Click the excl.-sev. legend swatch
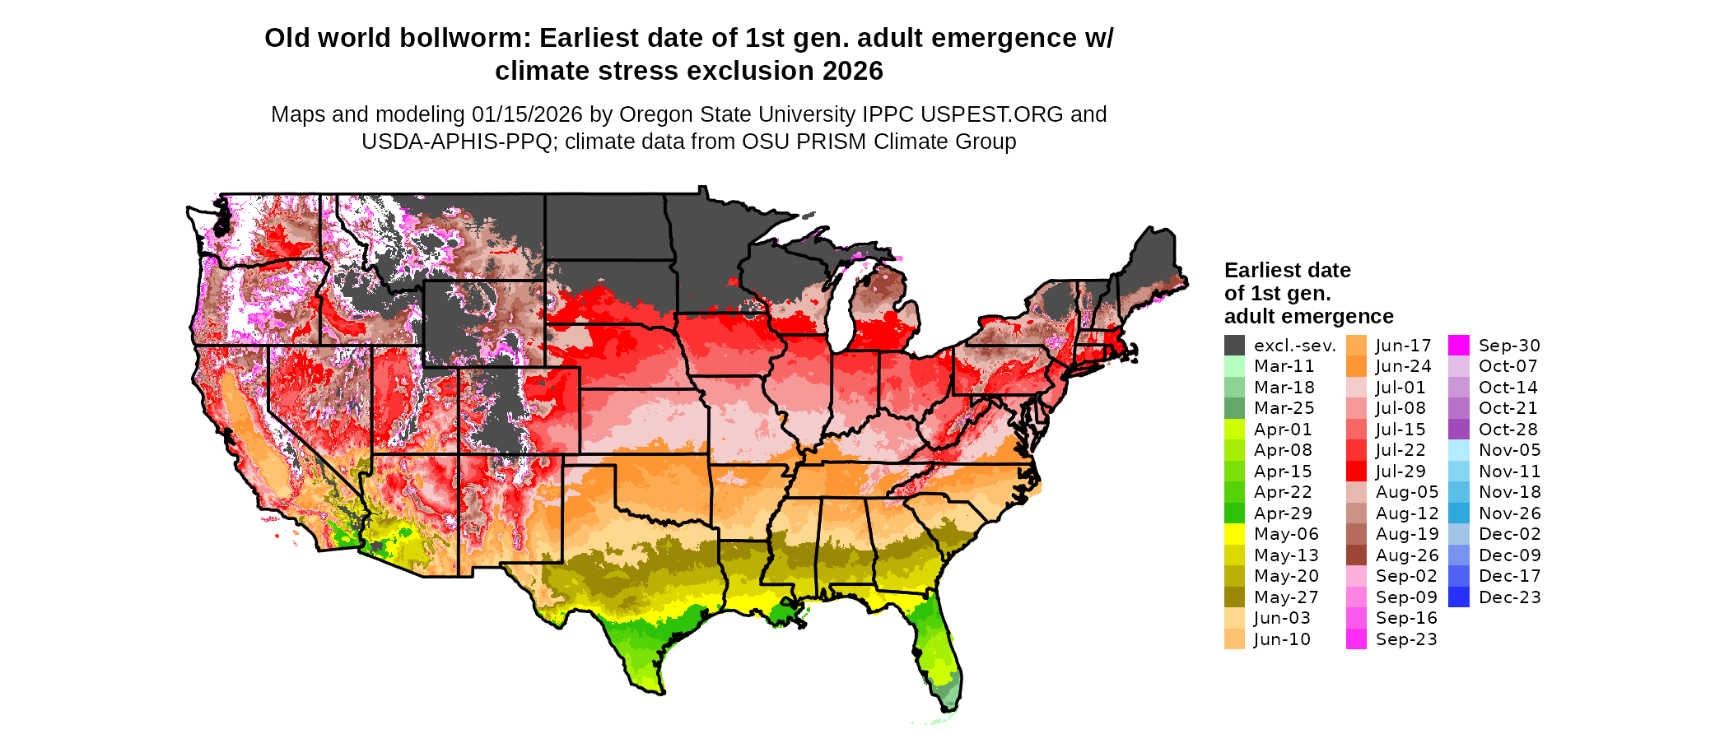coord(1234,346)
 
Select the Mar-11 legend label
coord(1284,366)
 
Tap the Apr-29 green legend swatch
coord(1234,513)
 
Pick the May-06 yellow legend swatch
coord(1234,534)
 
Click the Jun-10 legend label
coord(1282,639)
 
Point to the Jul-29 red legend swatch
coord(1356,472)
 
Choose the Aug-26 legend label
coord(1407,555)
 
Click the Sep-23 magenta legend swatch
coord(1356,639)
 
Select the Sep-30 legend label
coord(1509,346)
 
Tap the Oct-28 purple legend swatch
coord(1458,430)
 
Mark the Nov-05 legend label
coord(1509,450)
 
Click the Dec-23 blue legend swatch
coord(1458,597)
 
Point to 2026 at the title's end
coord(849,72)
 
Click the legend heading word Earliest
coord(1260,271)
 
